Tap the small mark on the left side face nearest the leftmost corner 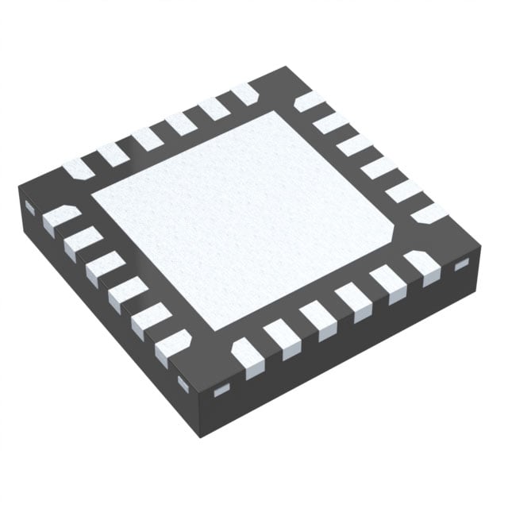(x=29, y=207)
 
